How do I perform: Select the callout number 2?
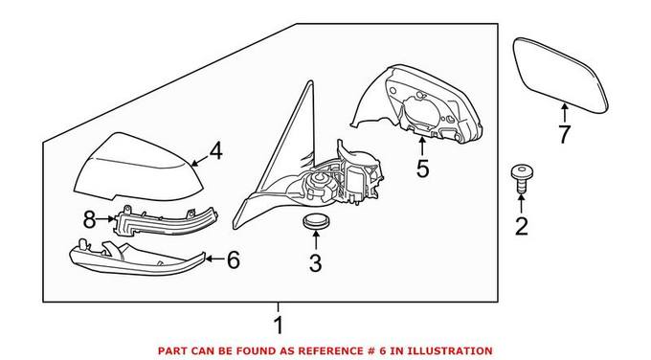click(522, 227)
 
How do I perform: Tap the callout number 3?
click(315, 263)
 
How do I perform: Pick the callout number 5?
click(422, 169)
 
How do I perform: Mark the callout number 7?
click(565, 135)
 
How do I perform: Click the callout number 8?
click(89, 219)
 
